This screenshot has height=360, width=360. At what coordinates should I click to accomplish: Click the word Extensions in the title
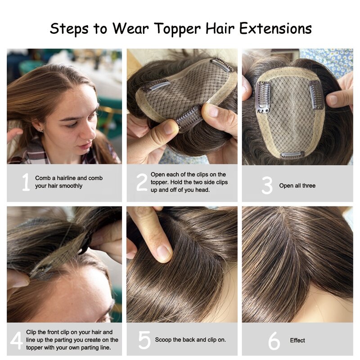click(275, 29)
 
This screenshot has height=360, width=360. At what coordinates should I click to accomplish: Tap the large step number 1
click(26, 182)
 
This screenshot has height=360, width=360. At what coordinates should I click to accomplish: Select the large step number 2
click(142, 182)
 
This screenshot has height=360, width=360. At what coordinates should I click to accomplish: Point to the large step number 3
click(267, 185)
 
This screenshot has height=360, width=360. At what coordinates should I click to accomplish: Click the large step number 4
click(16, 341)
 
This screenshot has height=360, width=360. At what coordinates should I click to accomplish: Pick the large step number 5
click(144, 341)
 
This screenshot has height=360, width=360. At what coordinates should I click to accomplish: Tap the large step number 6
click(274, 341)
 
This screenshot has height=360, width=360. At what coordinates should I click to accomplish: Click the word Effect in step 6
click(297, 340)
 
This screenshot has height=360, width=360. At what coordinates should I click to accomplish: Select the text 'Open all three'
click(297, 185)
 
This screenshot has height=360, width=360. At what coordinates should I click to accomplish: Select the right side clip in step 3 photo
click(316, 94)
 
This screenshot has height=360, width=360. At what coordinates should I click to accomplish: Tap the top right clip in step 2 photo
click(222, 64)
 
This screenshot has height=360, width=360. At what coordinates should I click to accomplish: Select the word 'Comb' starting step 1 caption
click(42, 178)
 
